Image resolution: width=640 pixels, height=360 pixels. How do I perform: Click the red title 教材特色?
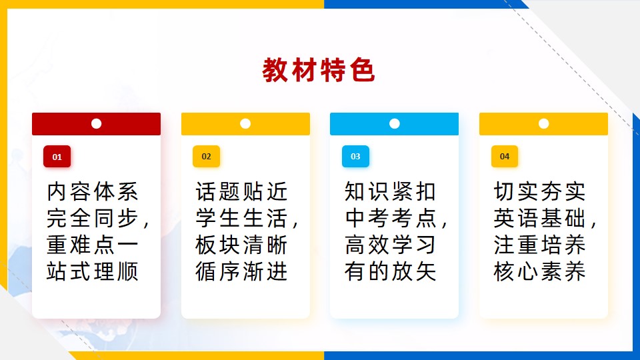coord(319,70)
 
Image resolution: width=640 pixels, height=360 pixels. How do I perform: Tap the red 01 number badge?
coord(57,156)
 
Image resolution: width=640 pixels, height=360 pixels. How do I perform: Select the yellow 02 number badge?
coord(206,156)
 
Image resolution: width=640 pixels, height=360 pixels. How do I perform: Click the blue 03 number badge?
coord(355,156)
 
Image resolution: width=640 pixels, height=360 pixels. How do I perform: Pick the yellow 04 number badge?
coord(505,156)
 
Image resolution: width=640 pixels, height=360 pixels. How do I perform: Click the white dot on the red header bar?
coord(96,124)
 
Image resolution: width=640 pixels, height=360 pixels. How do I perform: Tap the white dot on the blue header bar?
coord(394,124)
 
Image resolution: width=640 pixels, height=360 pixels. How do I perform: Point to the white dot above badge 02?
coord(245,124)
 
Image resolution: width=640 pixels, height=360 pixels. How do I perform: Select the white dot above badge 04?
coord(544,124)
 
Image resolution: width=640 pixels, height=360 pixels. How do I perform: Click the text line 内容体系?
coord(93,192)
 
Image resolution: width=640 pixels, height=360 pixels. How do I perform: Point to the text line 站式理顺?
coord(93,271)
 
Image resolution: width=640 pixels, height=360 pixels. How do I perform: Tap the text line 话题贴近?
coord(241,192)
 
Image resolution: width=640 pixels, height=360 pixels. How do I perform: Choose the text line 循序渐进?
coord(241,271)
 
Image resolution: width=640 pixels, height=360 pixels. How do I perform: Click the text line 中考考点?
coord(391,219)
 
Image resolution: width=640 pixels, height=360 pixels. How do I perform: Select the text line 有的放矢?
coord(391,271)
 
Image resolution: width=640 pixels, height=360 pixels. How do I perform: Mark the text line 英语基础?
coord(540,219)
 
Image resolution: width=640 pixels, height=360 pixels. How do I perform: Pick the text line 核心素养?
coord(540,271)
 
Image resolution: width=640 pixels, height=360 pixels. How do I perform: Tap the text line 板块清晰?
coord(241,245)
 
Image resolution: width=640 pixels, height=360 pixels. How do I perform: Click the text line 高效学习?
coord(391,245)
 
